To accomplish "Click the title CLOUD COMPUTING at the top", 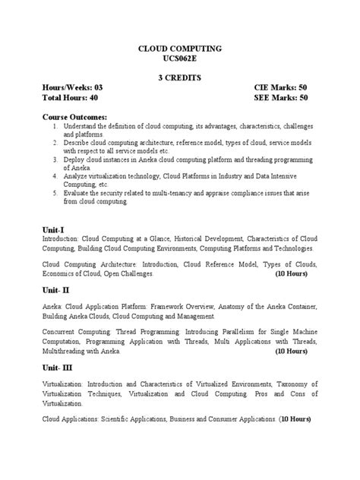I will click(x=179, y=48).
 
